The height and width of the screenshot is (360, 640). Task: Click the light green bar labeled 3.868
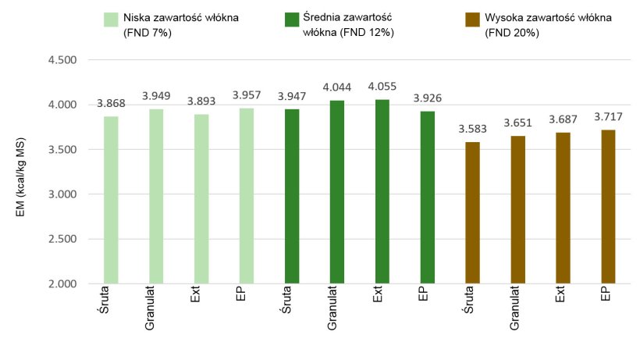coord(111,200)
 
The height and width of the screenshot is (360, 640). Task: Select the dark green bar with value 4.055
coord(382,191)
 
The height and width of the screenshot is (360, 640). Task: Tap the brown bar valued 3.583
coord(473,212)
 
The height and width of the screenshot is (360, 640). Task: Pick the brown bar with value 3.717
coord(609,206)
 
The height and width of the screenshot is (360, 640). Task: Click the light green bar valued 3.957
coord(247,195)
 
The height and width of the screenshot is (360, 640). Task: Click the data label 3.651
coord(518,123)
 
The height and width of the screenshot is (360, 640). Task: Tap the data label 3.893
coord(201,102)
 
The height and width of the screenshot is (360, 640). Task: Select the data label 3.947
coord(292,97)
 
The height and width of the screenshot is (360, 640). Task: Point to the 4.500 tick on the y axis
coord(64,60)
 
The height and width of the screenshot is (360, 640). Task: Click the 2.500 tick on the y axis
coord(64,239)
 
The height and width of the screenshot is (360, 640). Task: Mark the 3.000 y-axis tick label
coord(64,194)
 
